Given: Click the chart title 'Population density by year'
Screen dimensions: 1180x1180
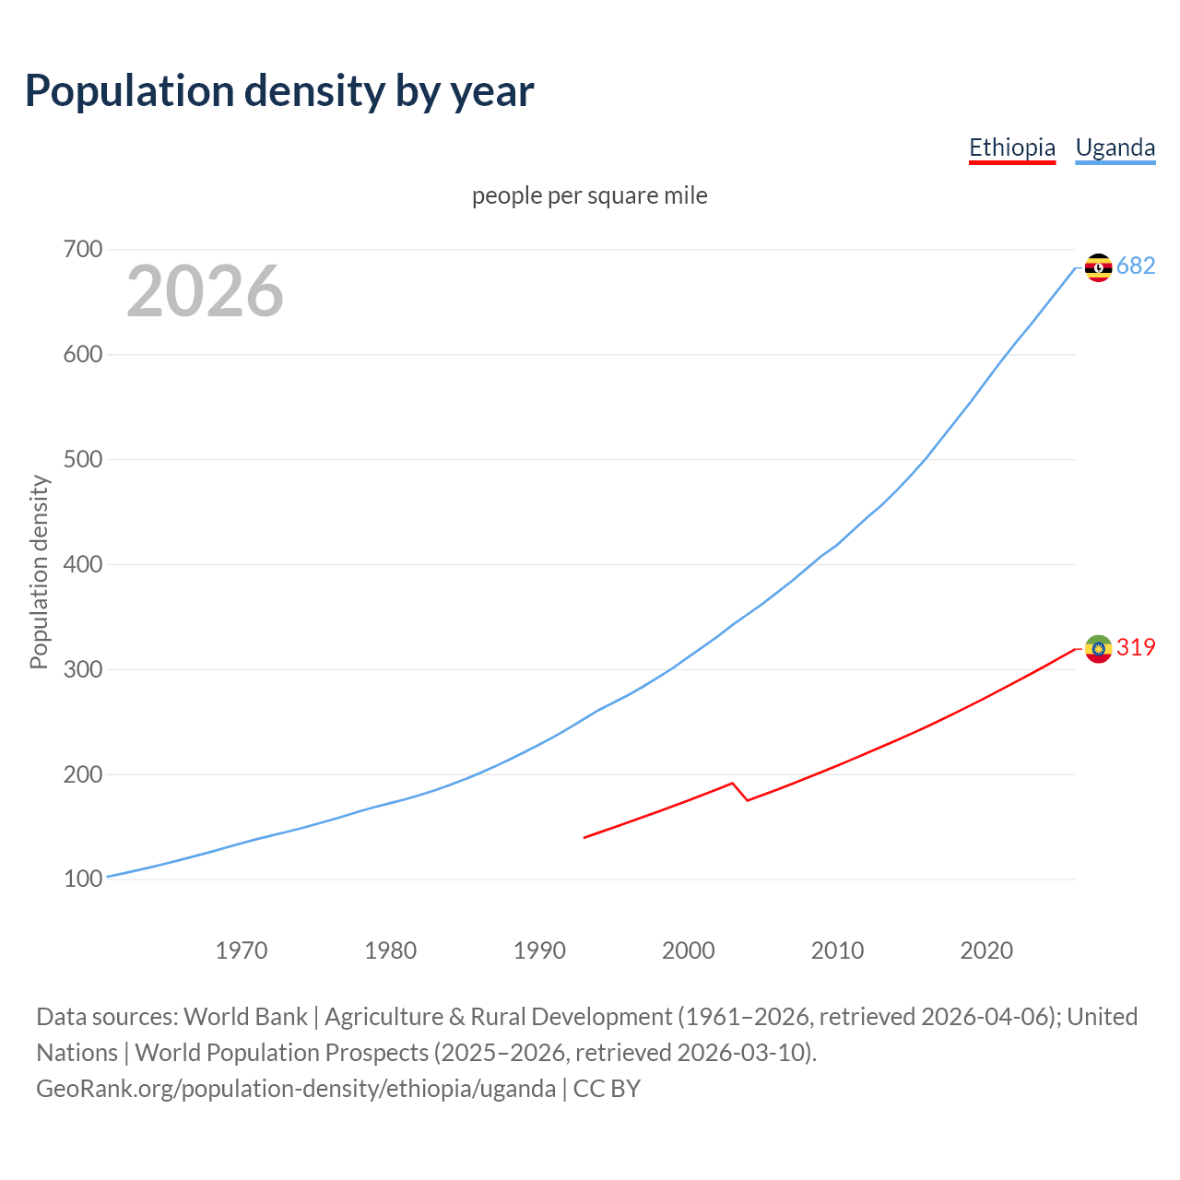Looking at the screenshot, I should [279, 91].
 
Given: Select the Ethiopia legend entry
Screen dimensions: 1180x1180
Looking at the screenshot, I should [1011, 147].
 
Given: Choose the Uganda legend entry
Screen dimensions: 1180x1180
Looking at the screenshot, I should [1115, 147].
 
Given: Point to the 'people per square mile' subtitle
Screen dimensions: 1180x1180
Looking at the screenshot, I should [589, 196].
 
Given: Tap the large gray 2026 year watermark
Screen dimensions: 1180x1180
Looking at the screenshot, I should [205, 291].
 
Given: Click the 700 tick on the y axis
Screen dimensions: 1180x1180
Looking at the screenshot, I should [83, 250].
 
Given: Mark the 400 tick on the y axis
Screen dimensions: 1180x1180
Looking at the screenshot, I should [83, 564].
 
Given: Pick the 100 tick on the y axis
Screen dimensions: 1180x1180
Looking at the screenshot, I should [83, 879].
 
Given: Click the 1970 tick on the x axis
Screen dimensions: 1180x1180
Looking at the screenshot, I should [242, 950].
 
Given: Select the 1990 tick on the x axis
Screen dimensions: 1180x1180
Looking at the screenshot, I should [539, 950].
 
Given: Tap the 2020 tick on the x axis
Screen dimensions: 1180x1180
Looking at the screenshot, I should [986, 950].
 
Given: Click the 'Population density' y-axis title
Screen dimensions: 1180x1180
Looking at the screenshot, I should [39, 572].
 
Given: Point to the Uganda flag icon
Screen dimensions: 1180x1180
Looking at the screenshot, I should [1098, 267].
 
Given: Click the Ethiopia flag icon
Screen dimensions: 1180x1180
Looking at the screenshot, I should [1098, 649].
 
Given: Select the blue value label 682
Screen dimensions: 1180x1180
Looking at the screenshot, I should [1136, 266].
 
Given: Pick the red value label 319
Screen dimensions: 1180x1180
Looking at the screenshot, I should [1136, 648].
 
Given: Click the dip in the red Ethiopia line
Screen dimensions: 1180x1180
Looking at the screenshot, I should [747, 799].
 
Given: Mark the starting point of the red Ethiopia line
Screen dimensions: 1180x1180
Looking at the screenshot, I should [584, 837].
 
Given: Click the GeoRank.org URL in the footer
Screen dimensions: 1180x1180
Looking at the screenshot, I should [296, 1089].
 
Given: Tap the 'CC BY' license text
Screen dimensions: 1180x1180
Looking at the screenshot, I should [607, 1089].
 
